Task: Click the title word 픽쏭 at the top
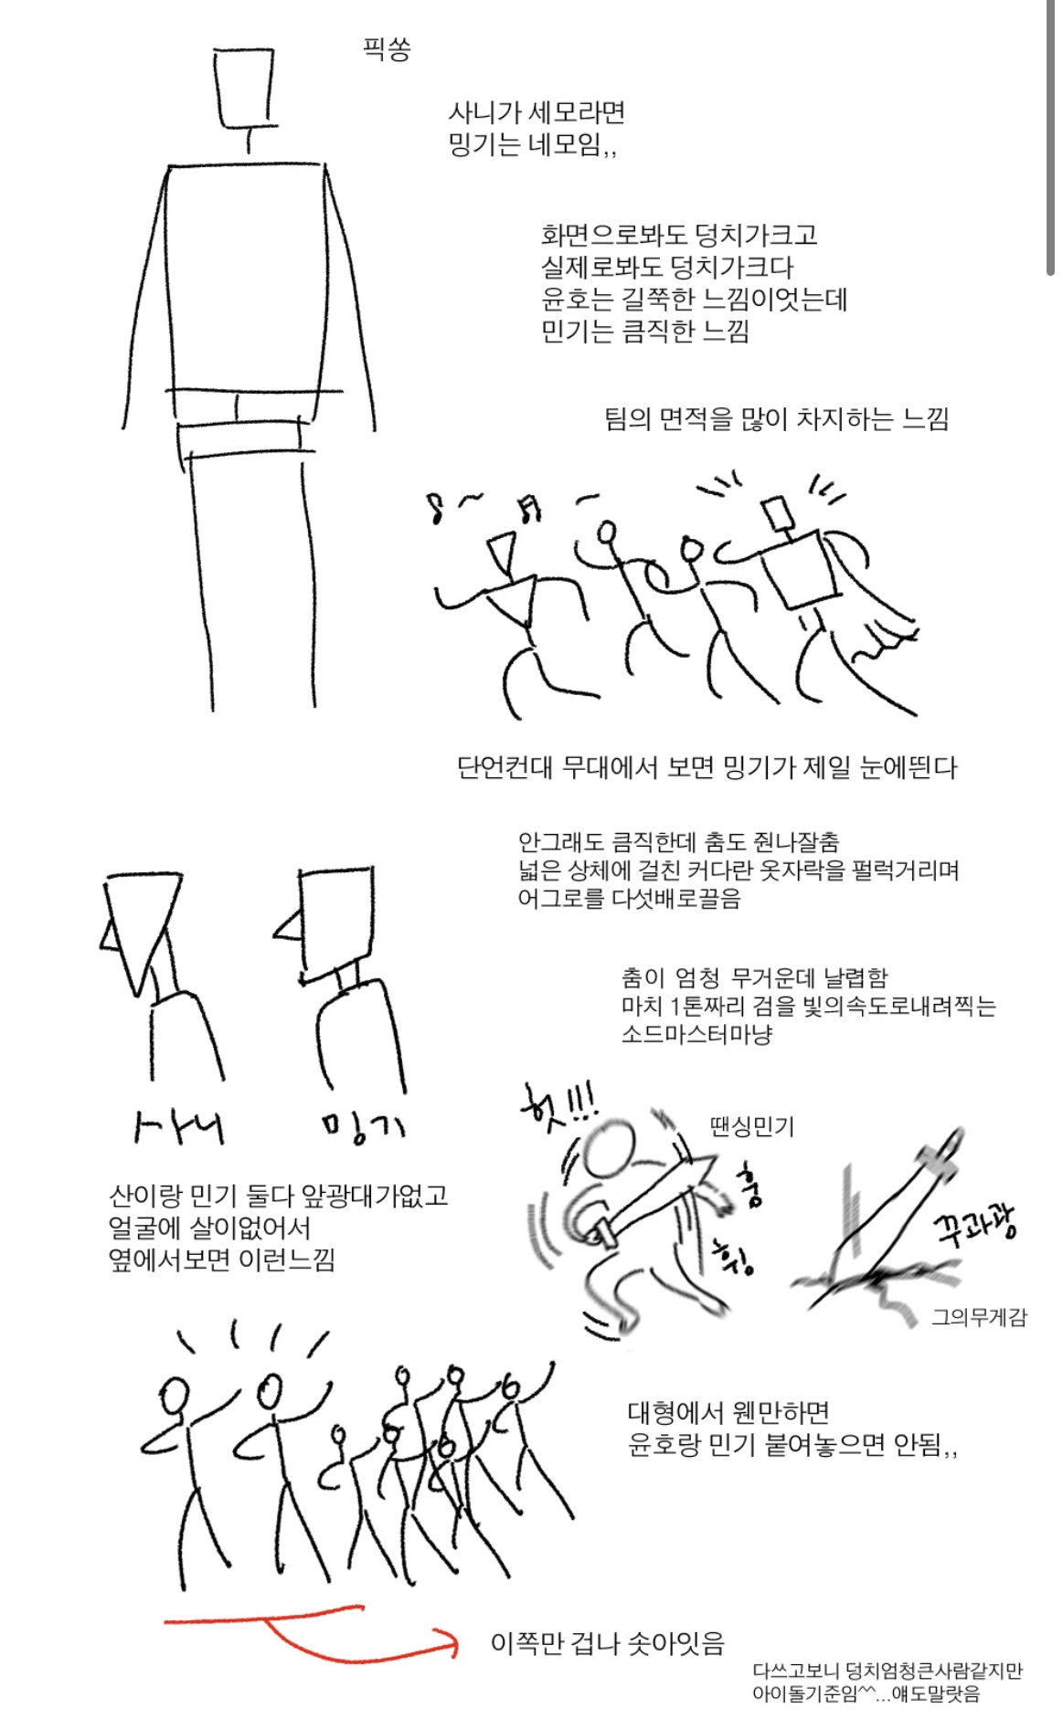387,48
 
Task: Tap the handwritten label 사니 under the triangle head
178,1127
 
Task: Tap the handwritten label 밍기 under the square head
363,1127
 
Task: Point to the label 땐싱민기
751,1126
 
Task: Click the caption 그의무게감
979,1317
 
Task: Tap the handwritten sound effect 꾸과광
974,1223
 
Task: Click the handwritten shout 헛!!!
557,1106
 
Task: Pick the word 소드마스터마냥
696,1034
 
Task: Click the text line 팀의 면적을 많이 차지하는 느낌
776,419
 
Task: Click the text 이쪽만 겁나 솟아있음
607,1643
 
